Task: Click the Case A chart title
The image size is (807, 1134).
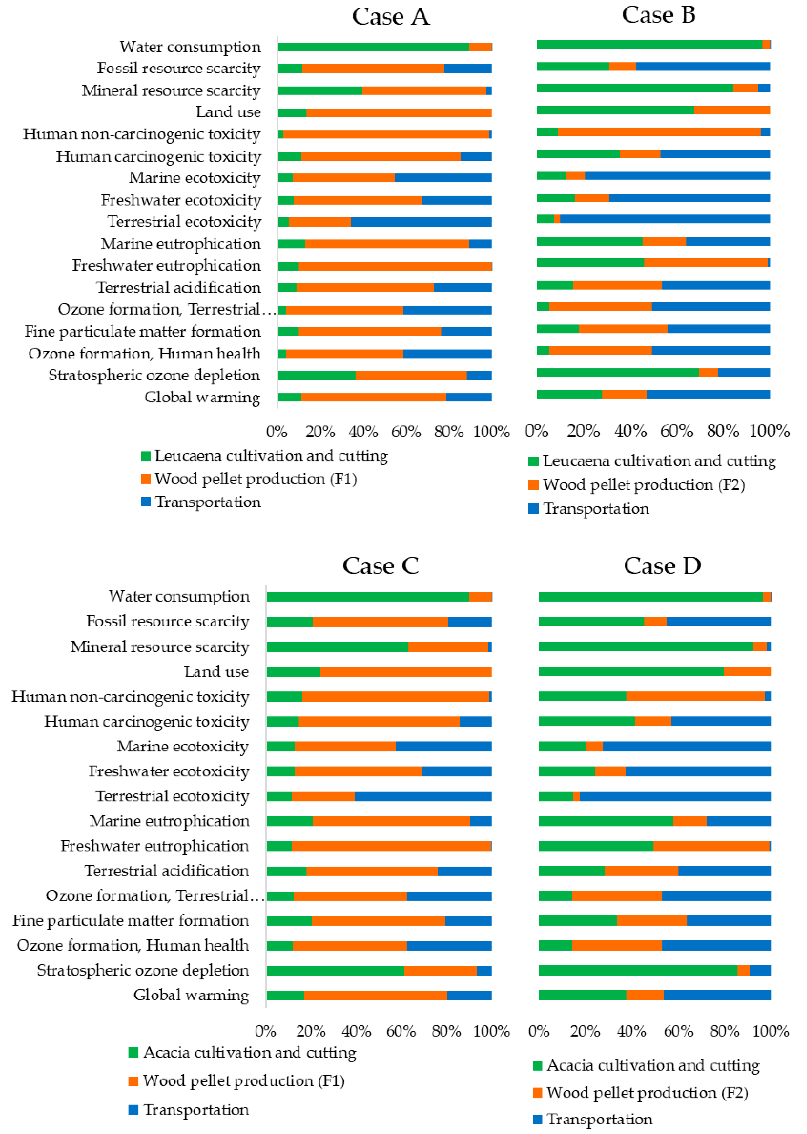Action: (x=390, y=17)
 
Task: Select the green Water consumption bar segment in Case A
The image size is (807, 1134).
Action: (x=373, y=47)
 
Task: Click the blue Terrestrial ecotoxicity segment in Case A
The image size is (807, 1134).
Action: (x=421, y=222)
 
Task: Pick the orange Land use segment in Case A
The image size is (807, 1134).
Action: (x=399, y=112)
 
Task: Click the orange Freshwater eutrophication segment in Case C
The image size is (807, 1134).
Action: (x=391, y=846)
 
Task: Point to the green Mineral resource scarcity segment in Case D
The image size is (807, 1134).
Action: (x=645, y=646)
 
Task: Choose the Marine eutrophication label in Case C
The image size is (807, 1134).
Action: (x=170, y=821)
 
